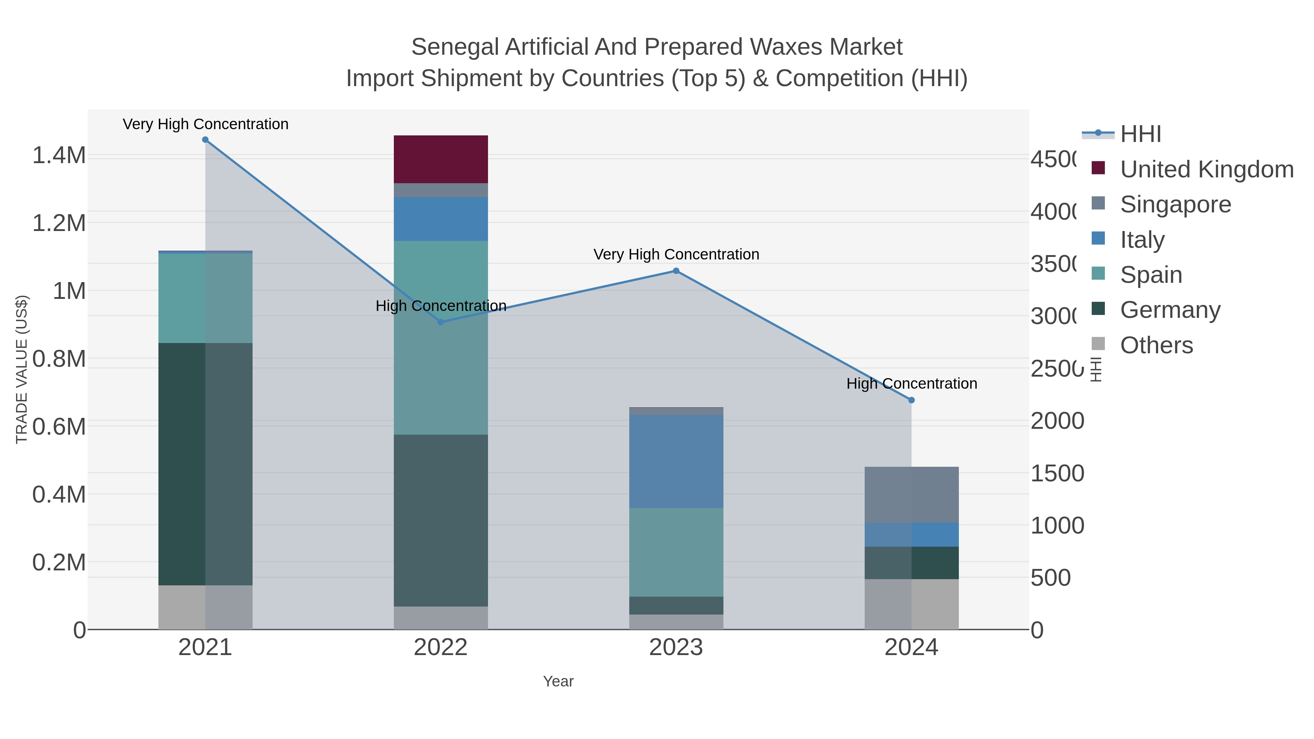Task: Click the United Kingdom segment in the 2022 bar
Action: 441,159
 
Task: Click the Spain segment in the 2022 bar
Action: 441,337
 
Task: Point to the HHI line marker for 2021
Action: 205,140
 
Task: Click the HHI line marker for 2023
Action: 676,271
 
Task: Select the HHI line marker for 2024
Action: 911,400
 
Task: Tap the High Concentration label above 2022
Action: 441,306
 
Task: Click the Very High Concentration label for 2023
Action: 676,254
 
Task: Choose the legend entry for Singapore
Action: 1175,204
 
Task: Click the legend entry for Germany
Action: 1170,310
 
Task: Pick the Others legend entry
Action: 1156,345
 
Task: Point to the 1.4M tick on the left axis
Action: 59,155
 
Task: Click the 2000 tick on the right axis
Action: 1057,421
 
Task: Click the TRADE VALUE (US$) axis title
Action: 22,369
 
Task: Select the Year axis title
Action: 558,681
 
